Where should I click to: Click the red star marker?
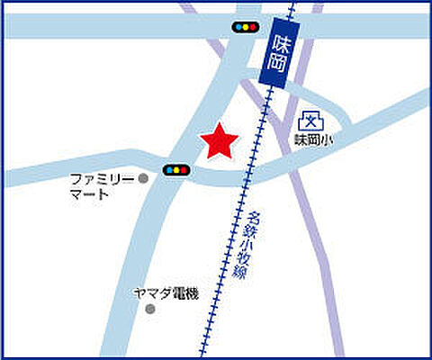pyautogui.click(x=219, y=142)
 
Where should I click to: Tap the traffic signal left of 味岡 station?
pyautogui.click(x=244, y=28)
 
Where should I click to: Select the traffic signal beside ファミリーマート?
pyautogui.click(x=175, y=169)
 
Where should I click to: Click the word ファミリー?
pyautogui.click(x=103, y=178)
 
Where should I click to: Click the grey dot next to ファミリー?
pyautogui.click(x=143, y=178)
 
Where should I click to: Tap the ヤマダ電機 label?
pyautogui.click(x=165, y=293)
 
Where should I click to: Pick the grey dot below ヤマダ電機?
pyautogui.click(x=150, y=309)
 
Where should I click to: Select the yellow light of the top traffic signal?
pyautogui.click(x=244, y=28)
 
